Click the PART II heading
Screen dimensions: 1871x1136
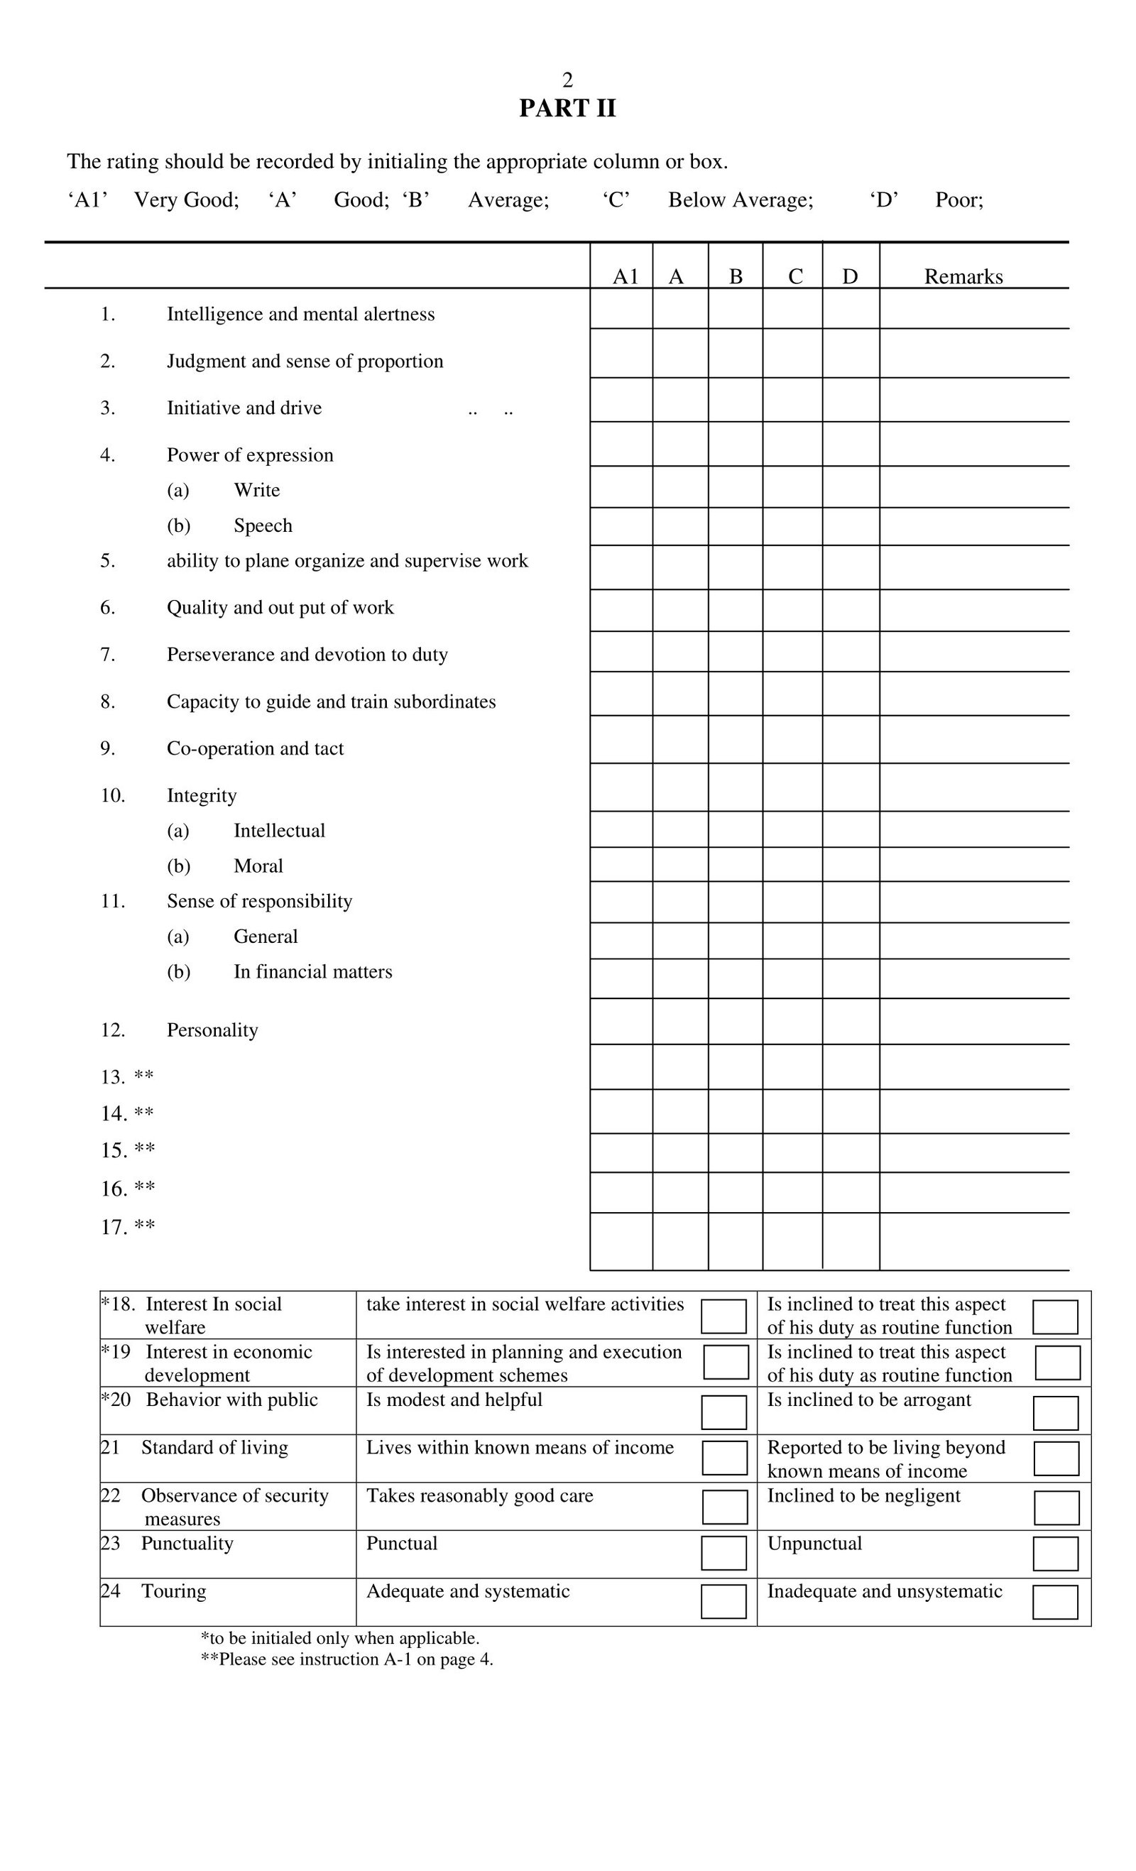567,109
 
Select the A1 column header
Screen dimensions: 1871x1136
625,276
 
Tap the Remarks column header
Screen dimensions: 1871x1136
963,276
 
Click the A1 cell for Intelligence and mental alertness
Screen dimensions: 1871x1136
621,309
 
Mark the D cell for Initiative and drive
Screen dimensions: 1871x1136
851,400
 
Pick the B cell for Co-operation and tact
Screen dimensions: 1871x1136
735,740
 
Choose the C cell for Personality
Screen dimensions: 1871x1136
792,1021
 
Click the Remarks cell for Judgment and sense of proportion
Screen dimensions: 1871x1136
973,353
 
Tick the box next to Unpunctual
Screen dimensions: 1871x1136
1056,1554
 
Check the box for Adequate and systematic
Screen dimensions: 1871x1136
723,1601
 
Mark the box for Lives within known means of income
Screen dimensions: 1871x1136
724,1458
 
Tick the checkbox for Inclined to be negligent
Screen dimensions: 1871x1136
1056,1507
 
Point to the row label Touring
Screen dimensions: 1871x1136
174,1591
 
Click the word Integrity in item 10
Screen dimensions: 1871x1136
202,796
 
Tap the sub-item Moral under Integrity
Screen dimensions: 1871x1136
258,866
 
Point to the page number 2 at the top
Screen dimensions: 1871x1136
567,80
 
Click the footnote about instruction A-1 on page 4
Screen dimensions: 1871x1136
347,1659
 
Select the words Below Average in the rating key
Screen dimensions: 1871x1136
741,200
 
